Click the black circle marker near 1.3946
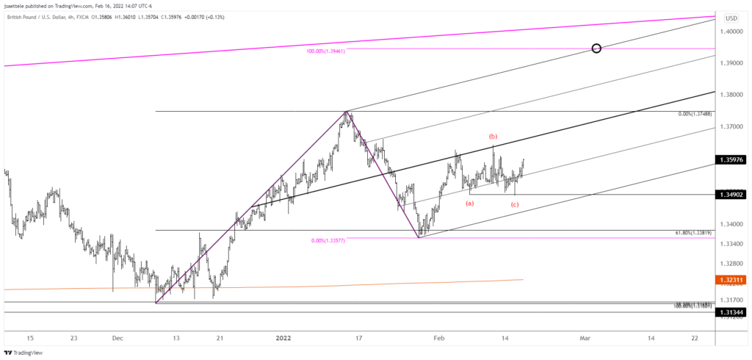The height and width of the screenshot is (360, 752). click(596, 48)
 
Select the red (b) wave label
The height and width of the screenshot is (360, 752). click(493, 137)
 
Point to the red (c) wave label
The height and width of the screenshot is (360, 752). click(515, 204)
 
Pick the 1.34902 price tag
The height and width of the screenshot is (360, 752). click(732, 195)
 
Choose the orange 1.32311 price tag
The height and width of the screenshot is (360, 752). click(732, 280)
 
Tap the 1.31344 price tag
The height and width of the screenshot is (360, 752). click(732, 312)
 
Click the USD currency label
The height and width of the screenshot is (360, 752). click(731, 18)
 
